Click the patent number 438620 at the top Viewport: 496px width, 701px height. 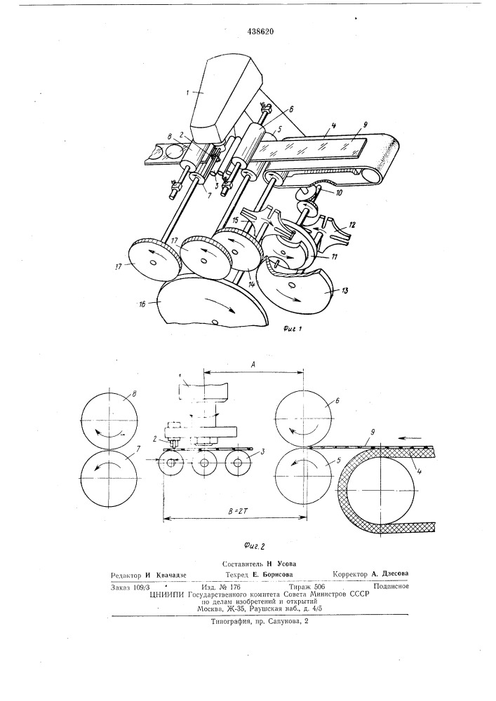261,32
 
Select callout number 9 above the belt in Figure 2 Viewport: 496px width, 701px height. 373,433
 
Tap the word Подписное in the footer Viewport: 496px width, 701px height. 391,587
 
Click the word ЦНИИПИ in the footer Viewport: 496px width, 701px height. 168,594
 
